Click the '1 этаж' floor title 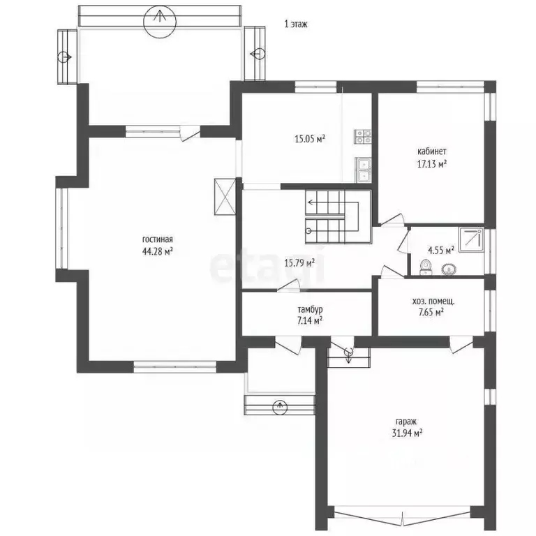296,24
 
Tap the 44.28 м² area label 158,251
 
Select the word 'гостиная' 158,239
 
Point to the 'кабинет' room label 432,151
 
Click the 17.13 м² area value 432,164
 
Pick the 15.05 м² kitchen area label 310,139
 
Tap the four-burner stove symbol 363,136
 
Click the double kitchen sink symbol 364,170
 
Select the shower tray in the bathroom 471,239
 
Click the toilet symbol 425,267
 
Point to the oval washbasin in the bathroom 448,269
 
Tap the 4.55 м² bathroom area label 441,251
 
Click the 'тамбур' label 310,310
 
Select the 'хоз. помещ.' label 433,301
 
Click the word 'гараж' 407,422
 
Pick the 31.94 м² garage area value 407,433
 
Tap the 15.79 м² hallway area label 299,263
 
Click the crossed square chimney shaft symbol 225,197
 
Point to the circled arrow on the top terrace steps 160,21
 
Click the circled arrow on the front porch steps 280,407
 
